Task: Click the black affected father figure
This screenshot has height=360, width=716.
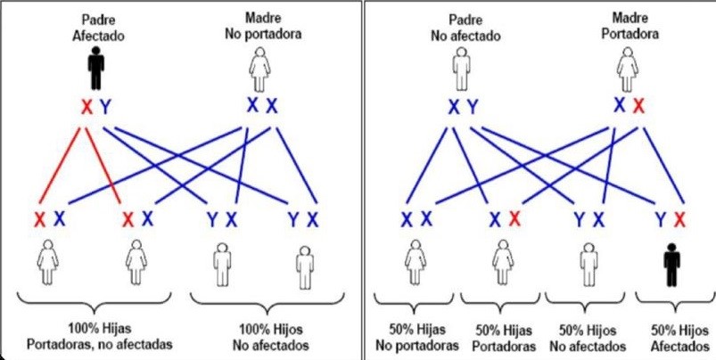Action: pos(96,68)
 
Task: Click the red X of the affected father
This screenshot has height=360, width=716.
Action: pos(86,108)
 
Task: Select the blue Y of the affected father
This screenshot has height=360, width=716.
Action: pos(106,108)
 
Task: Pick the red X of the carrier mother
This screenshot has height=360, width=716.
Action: pos(639,106)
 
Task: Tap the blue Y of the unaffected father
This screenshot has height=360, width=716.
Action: pos(473,108)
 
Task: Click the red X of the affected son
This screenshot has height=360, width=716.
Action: pos(680,219)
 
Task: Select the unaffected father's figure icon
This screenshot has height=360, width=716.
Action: pos(462,66)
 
